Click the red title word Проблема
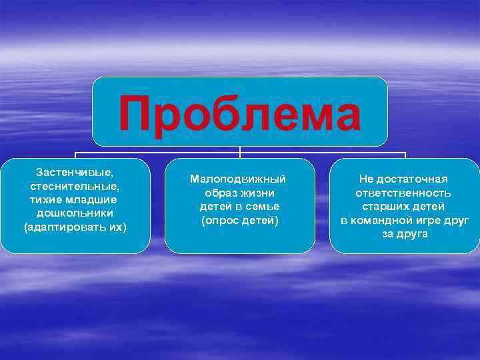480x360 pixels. pos(240,113)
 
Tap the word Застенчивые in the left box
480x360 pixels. pos(74,173)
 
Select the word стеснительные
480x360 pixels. pos(74,186)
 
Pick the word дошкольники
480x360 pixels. pos(75,213)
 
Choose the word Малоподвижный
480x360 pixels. pos(238,179)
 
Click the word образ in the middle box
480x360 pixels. pos(221,192)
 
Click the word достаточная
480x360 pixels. pos(413,179)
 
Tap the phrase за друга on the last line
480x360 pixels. pos(405,234)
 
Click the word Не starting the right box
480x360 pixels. pos(367,179)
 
